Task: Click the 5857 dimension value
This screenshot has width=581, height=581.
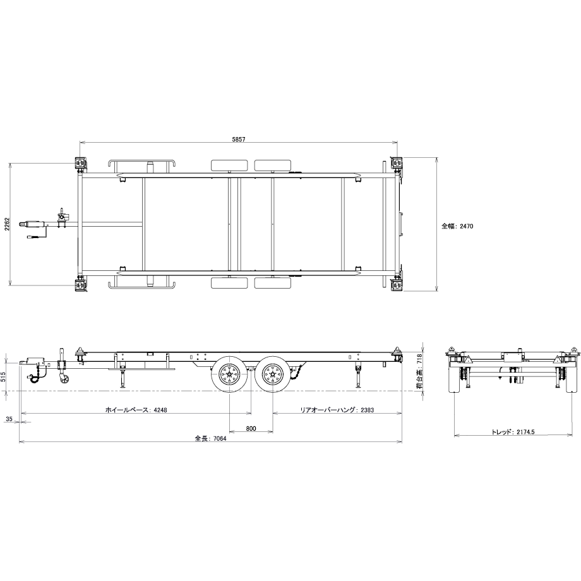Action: (x=239, y=140)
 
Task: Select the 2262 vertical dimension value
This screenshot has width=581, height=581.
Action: (x=7, y=224)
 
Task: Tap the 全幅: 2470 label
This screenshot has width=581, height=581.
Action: (x=457, y=226)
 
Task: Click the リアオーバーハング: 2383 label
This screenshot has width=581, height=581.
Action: (x=337, y=410)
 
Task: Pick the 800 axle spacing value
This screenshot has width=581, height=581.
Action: (x=251, y=429)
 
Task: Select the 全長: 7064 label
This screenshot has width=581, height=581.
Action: (x=210, y=438)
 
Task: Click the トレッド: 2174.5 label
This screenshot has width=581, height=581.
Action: (x=513, y=432)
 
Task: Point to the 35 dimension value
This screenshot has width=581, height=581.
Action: (x=9, y=419)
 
